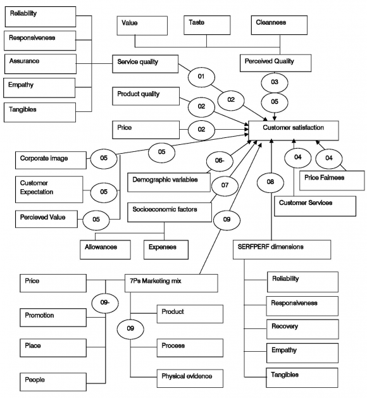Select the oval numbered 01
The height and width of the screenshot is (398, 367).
pyautogui.click(x=202, y=77)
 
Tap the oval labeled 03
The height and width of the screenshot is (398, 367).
pyautogui.click(x=275, y=83)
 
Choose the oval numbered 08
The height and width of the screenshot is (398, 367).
pyautogui.click(x=270, y=182)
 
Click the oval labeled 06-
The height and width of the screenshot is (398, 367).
pyautogui.click(x=219, y=161)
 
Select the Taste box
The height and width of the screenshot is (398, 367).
pyautogui.click(x=206, y=25)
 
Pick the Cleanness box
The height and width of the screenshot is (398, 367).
pyautogui.click(x=278, y=25)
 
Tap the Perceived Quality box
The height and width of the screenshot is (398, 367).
pyautogui.click(x=277, y=63)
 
